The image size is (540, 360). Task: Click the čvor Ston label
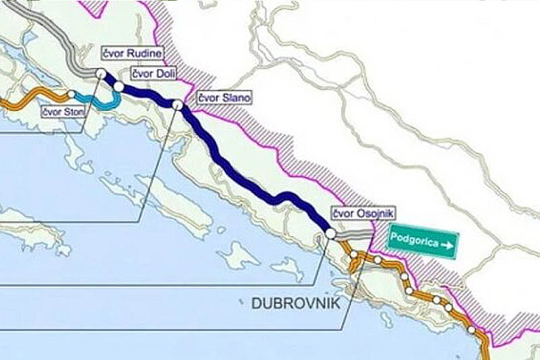(x=63, y=111)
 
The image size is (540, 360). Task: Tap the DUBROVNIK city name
(x=295, y=303)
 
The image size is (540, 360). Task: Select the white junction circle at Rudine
(x=101, y=72)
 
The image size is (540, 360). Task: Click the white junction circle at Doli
(x=119, y=86)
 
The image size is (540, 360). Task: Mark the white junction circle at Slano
(x=178, y=105)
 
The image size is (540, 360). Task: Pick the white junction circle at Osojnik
(x=331, y=233)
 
